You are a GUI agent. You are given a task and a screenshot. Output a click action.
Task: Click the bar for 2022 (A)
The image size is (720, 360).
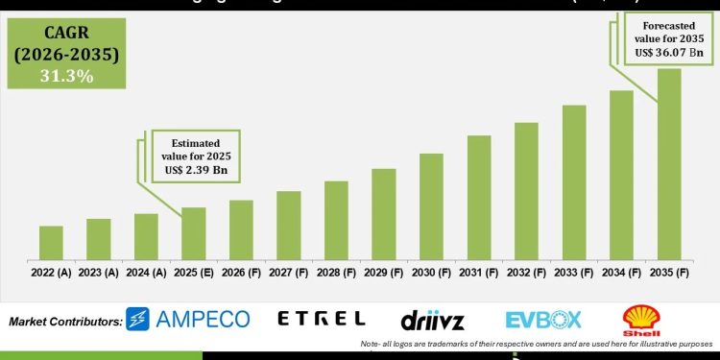(x=51, y=242)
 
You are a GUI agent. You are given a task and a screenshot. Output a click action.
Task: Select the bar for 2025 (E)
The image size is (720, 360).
(x=194, y=233)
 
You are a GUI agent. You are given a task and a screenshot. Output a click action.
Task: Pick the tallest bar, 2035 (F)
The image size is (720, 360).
(x=669, y=163)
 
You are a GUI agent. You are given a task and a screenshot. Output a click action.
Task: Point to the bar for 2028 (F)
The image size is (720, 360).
(x=336, y=220)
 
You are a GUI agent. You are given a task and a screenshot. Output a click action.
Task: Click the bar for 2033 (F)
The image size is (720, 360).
(x=574, y=181)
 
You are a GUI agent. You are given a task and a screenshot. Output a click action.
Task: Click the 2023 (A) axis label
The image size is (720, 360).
(x=99, y=272)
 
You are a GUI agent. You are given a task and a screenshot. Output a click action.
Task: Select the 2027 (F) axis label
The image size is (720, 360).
(x=289, y=272)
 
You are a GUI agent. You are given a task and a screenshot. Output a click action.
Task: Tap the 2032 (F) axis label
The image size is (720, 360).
(x=526, y=272)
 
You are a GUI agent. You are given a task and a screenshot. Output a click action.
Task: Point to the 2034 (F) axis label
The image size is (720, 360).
(x=621, y=272)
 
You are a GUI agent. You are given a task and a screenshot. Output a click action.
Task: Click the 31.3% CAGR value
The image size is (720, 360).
(x=66, y=76)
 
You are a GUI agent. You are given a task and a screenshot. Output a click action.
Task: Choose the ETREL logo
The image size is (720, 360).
(x=321, y=319)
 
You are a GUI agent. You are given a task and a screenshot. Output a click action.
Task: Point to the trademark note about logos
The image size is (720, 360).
(x=538, y=343)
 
